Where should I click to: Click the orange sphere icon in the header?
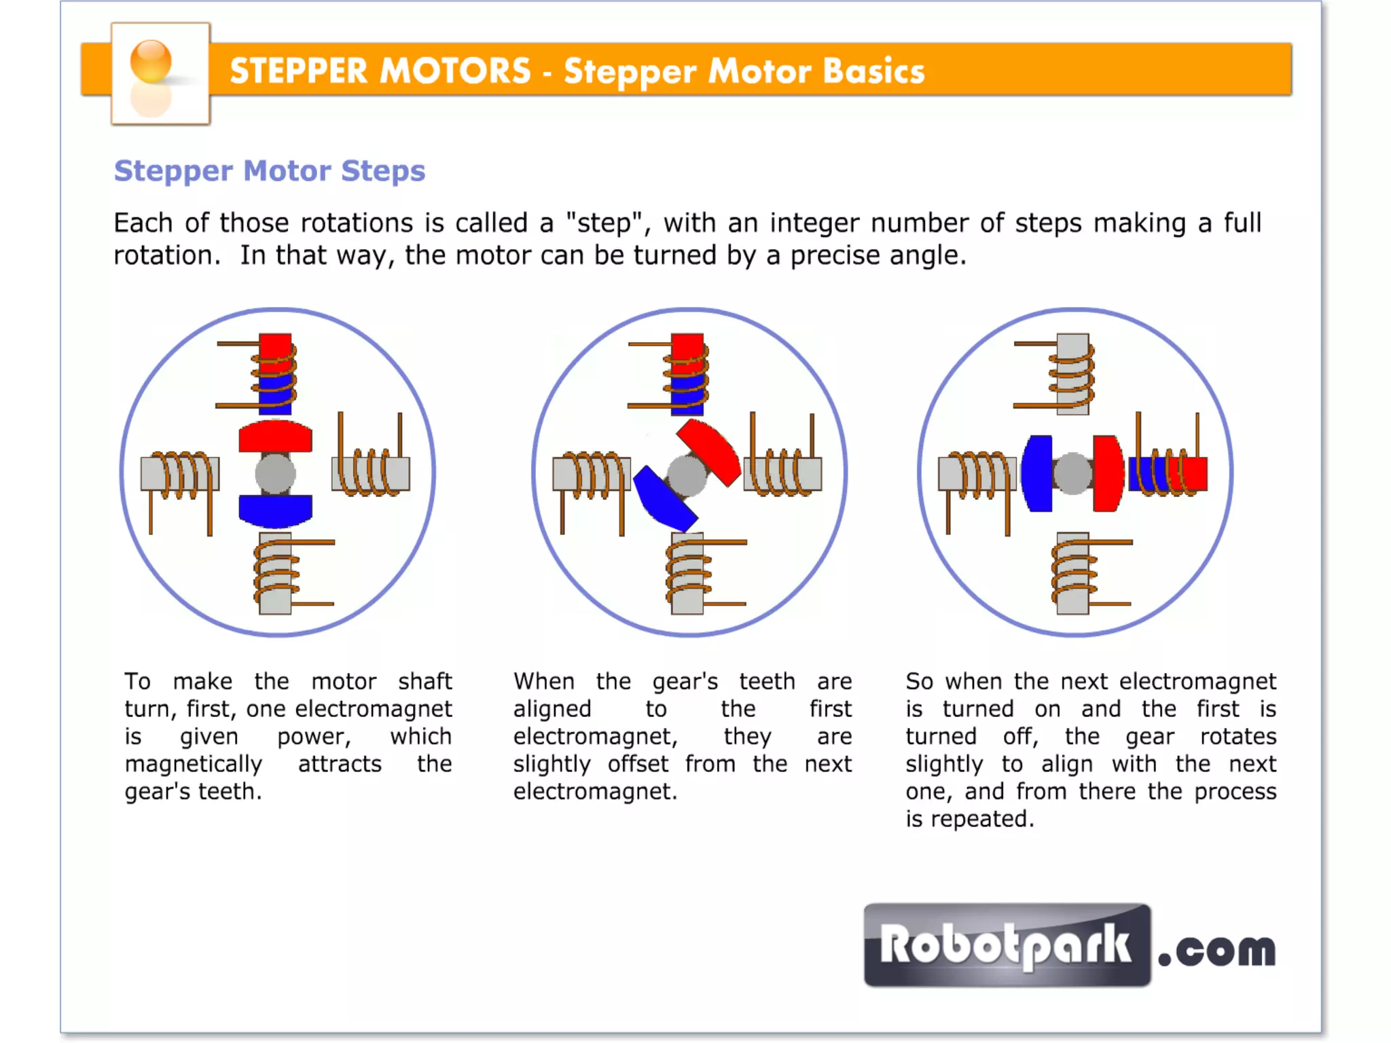pyautogui.click(x=151, y=61)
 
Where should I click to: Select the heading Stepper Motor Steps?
pyautogui.click(x=270, y=170)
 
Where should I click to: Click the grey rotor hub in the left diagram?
pyautogui.click(x=275, y=473)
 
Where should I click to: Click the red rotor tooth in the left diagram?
pyautogui.click(x=275, y=437)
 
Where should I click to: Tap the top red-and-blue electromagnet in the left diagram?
pyautogui.click(x=276, y=373)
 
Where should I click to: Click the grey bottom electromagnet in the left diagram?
pyautogui.click(x=276, y=574)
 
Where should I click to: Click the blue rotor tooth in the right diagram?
pyautogui.click(x=1037, y=473)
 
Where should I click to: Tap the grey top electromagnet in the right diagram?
pyautogui.click(x=1073, y=373)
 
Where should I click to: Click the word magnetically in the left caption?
pyautogui.click(x=194, y=764)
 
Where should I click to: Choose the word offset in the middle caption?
pyautogui.click(x=638, y=764)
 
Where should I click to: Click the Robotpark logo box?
pyautogui.click(x=1007, y=945)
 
